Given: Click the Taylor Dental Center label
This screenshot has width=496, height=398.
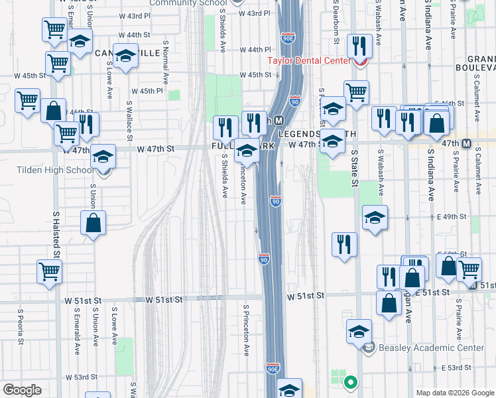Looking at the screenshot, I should pos(308,60).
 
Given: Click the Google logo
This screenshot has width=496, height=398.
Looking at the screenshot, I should pos(23,389).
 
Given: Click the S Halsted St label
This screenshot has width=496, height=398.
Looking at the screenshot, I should pos(56,235).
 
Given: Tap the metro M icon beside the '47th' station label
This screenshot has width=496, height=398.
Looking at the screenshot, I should pos(467,144).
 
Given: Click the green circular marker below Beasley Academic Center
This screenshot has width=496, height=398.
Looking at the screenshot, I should pos(349,382).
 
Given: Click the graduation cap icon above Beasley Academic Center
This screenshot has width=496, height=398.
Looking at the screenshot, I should pos(359,330).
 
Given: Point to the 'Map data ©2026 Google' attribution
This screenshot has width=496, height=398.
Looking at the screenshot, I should pos(455,393).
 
